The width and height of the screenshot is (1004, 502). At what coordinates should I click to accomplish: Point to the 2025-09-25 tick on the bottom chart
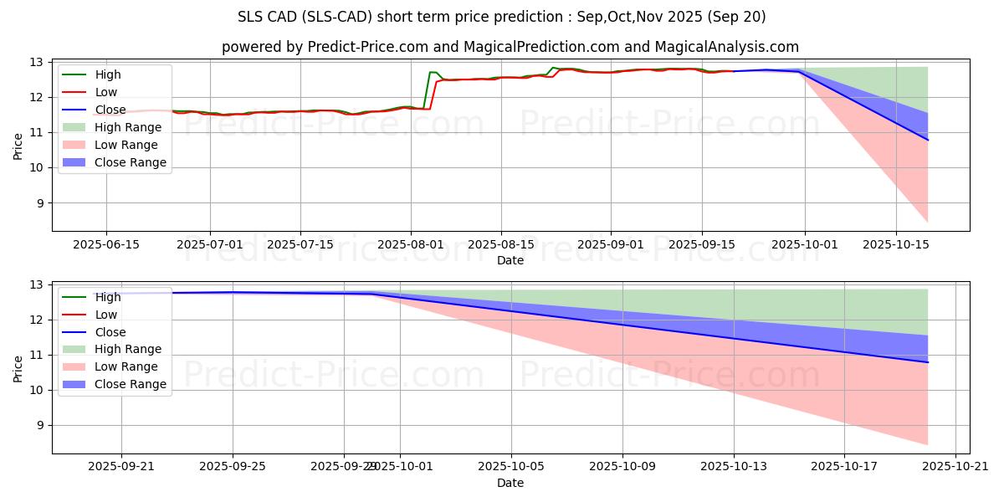point(233,466)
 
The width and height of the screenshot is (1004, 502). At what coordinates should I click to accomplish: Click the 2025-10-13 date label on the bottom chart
point(734,466)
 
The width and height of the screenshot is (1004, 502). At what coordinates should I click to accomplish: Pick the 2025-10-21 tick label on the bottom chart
point(955,466)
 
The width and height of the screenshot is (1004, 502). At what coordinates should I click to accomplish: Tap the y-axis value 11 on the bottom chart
point(39,355)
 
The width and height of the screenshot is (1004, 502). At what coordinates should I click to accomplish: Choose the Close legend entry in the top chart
point(109,110)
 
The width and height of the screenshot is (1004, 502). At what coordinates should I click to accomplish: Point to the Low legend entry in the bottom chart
point(105,315)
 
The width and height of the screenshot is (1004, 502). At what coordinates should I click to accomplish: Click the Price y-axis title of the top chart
point(18,146)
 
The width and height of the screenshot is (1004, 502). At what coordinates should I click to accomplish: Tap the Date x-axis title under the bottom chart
point(510,483)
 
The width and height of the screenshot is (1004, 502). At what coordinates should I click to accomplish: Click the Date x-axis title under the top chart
point(510,260)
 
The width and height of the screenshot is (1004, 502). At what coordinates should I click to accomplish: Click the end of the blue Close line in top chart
point(927,140)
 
